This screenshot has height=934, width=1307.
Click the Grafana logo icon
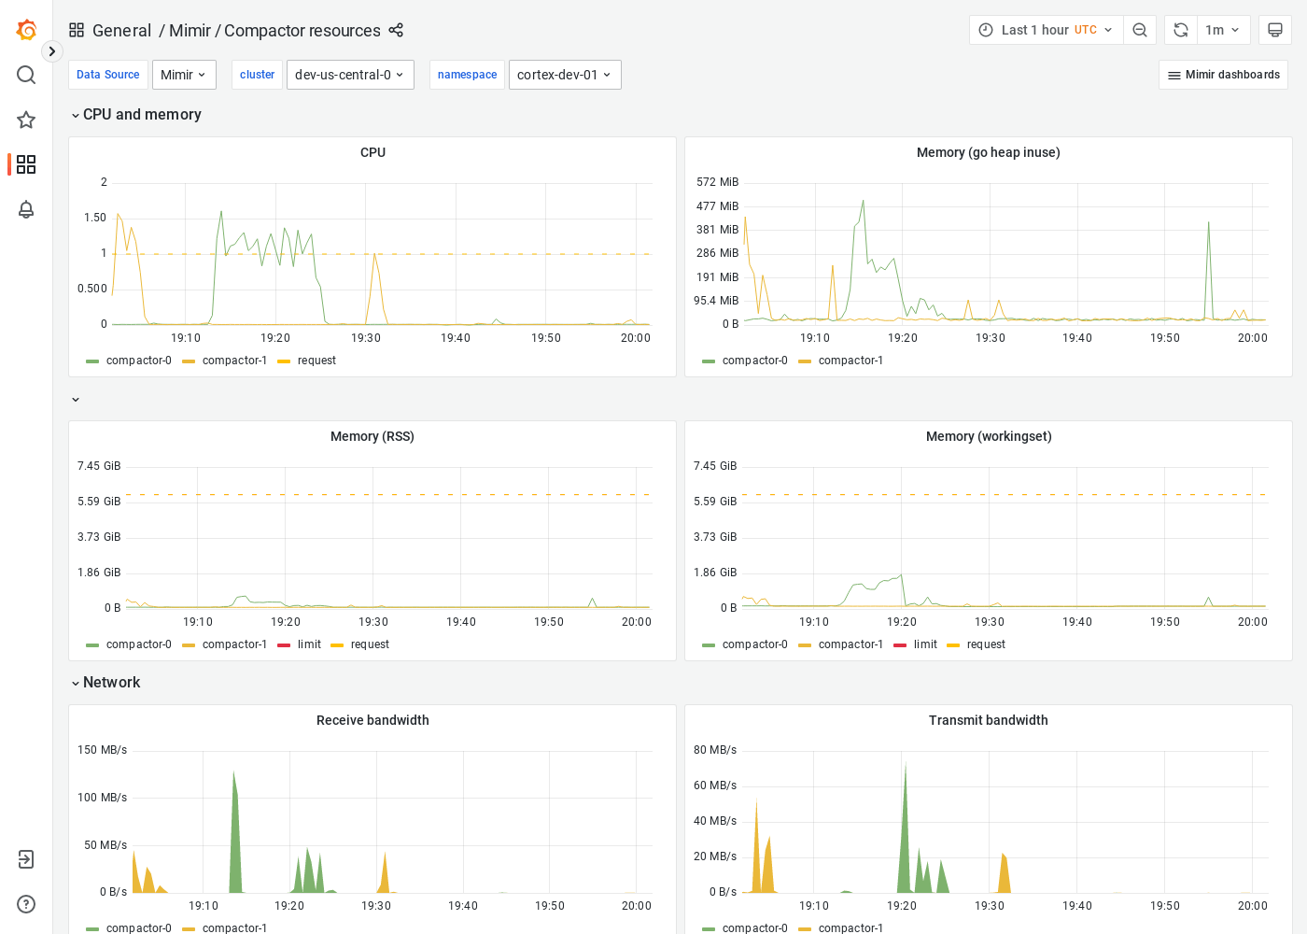[26, 30]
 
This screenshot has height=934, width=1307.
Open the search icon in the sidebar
[26, 75]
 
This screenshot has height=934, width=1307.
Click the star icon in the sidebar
[26, 120]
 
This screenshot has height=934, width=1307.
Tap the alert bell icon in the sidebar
[26, 209]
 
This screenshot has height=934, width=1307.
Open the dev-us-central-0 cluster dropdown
[350, 75]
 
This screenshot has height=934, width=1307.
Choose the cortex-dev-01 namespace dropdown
[565, 75]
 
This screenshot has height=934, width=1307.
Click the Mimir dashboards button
[1223, 75]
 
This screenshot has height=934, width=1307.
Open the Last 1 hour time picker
[1047, 30]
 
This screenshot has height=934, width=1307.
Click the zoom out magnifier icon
[1140, 30]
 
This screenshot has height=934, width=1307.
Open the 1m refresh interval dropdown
[1222, 30]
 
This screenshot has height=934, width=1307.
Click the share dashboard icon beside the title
[396, 30]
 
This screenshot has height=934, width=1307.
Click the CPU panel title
[372, 152]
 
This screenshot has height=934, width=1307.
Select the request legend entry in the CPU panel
[316, 361]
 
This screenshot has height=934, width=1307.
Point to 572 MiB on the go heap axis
[717, 182]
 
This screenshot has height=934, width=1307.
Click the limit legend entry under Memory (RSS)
[309, 644]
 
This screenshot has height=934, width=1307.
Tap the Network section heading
[111, 683]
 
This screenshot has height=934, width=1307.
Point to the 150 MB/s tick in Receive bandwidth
[102, 750]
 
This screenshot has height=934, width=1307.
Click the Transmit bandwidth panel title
[988, 720]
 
